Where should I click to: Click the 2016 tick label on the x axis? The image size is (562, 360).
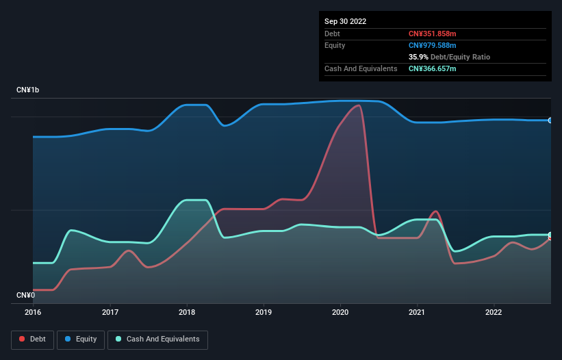coord(33,312)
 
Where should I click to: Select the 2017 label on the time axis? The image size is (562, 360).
coord(110,312)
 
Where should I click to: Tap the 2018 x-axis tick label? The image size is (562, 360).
coord(186,312)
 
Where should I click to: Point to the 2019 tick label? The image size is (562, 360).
coord(263,312)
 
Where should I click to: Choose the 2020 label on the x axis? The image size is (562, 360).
coord(340,312)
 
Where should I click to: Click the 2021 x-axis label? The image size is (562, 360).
coord(417,312)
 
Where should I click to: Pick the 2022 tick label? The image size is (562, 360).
coord(494,312)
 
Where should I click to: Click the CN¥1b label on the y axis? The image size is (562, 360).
coord(28,90)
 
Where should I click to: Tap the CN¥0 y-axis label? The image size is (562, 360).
coord(25,295)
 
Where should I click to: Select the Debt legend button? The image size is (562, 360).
coord(32,339)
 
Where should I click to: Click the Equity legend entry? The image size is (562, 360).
coord(81,339)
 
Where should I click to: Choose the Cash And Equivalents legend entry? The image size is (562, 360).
coord(157,339)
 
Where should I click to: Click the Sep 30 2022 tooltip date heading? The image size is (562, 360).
coord(345,21)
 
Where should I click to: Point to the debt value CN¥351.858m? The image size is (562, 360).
coord(433,34)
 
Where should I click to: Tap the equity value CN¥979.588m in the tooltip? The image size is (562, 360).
coord(433,45)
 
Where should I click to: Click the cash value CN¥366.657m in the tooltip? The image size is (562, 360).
coord(433,68)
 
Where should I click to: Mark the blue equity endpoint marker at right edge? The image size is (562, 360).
coord(550,120)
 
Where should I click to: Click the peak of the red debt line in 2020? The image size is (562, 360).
coord(358,105)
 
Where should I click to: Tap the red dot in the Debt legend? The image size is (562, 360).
coord(23,339)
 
